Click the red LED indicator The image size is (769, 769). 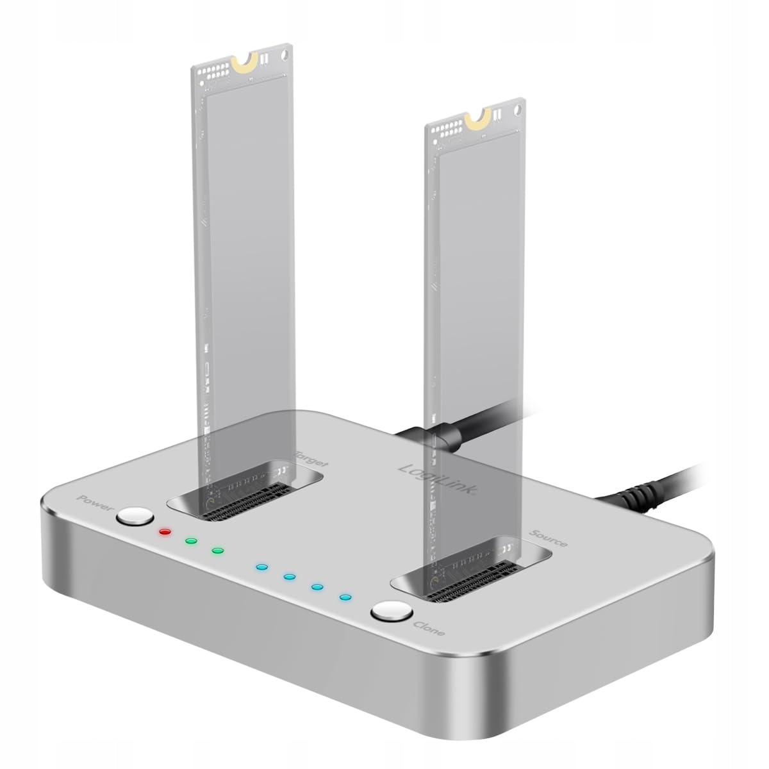(x=165, y=532)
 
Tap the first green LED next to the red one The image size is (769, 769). (x=190, y=541)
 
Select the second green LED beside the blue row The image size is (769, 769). (x=217, y=550)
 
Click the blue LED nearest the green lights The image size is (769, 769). (x=260, y=567)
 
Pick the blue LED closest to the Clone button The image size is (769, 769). (x=345, y=598)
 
